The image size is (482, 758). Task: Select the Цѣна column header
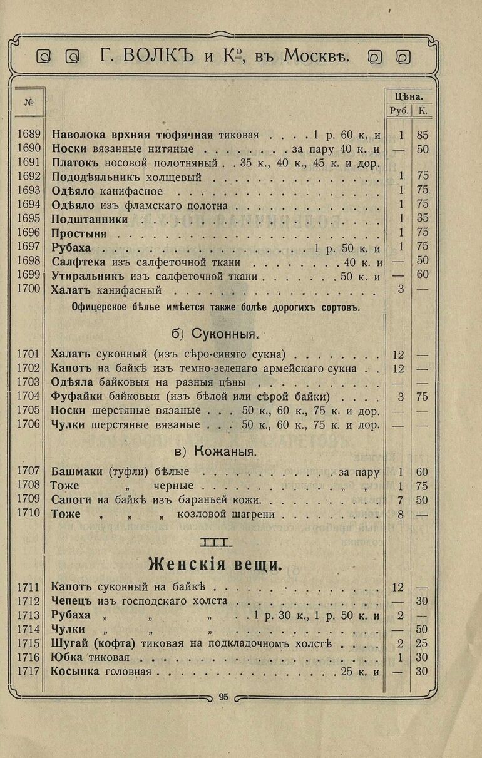point(408,96)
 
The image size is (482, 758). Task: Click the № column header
point(29,102)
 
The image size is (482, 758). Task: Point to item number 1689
point(29,135)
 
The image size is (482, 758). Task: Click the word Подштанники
point(90,219)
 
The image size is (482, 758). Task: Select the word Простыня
point(79,233)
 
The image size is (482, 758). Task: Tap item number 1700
point(29,289)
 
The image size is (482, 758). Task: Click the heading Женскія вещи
point(215,565)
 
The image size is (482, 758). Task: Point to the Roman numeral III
point(215,541)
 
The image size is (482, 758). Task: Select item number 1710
point(29,514)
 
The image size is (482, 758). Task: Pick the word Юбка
point(66,657)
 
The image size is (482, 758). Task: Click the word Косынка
point(75,672)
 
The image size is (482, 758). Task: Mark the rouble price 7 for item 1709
point(401,500)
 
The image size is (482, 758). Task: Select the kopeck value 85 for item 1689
point(423,135)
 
